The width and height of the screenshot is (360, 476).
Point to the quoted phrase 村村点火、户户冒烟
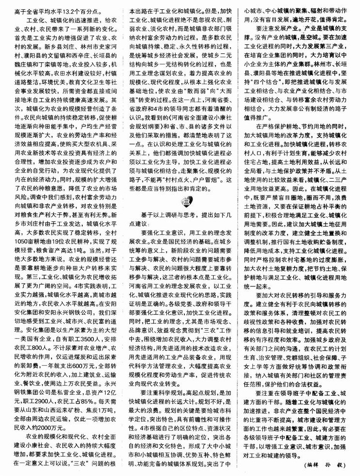(x=192, y=172)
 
